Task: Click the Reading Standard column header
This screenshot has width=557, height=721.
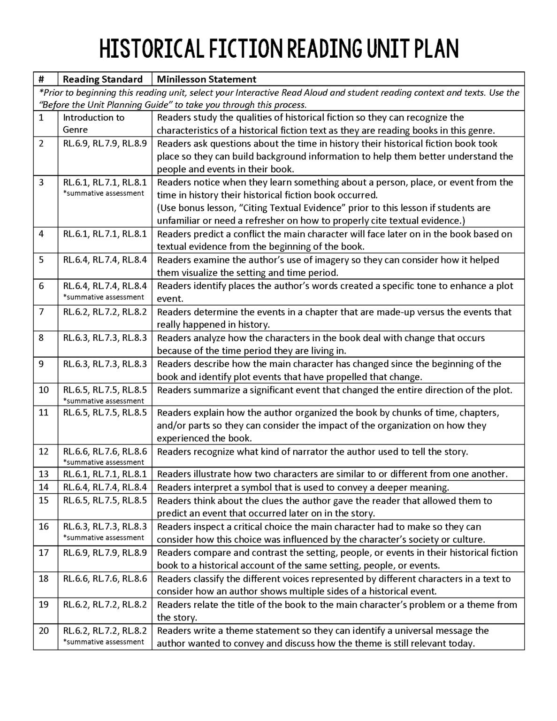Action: [102, 79]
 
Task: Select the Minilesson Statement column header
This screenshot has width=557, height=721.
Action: [206, 79]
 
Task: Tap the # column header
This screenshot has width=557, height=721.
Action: [41, 79]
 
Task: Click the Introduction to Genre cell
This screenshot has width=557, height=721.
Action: [93, 123]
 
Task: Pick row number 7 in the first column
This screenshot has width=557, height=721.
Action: [41, 312]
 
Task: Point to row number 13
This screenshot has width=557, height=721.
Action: [44, 474]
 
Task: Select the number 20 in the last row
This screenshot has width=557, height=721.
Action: [44, 630]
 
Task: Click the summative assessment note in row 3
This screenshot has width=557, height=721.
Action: [103, 193]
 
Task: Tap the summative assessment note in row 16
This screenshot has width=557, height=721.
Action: [103, 537]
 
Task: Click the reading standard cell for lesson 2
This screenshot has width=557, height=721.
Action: [105, 144]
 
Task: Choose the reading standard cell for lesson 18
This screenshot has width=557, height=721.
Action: [105, 579]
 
